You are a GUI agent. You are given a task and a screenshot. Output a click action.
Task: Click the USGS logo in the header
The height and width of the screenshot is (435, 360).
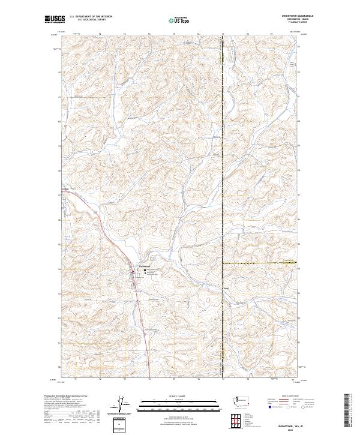tap(53, 20)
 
